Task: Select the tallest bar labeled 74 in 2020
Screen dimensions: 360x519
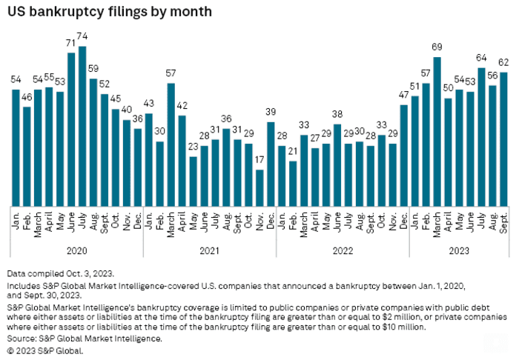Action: coord(82,126)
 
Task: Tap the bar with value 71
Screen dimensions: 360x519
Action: coord(71,129)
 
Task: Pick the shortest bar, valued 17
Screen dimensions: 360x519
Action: coord(259,187)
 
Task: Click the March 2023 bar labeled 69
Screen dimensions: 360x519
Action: coord(437,131)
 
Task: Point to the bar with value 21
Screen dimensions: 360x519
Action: coord(293,183)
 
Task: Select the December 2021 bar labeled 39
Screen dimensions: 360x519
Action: coord(271,164)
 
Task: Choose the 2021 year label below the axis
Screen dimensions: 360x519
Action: coord(210,250)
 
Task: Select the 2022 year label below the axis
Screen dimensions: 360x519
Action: coord(343,250)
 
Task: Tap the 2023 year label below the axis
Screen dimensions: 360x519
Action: coord(459,250)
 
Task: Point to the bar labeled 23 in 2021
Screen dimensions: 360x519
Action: coord(193,181)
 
